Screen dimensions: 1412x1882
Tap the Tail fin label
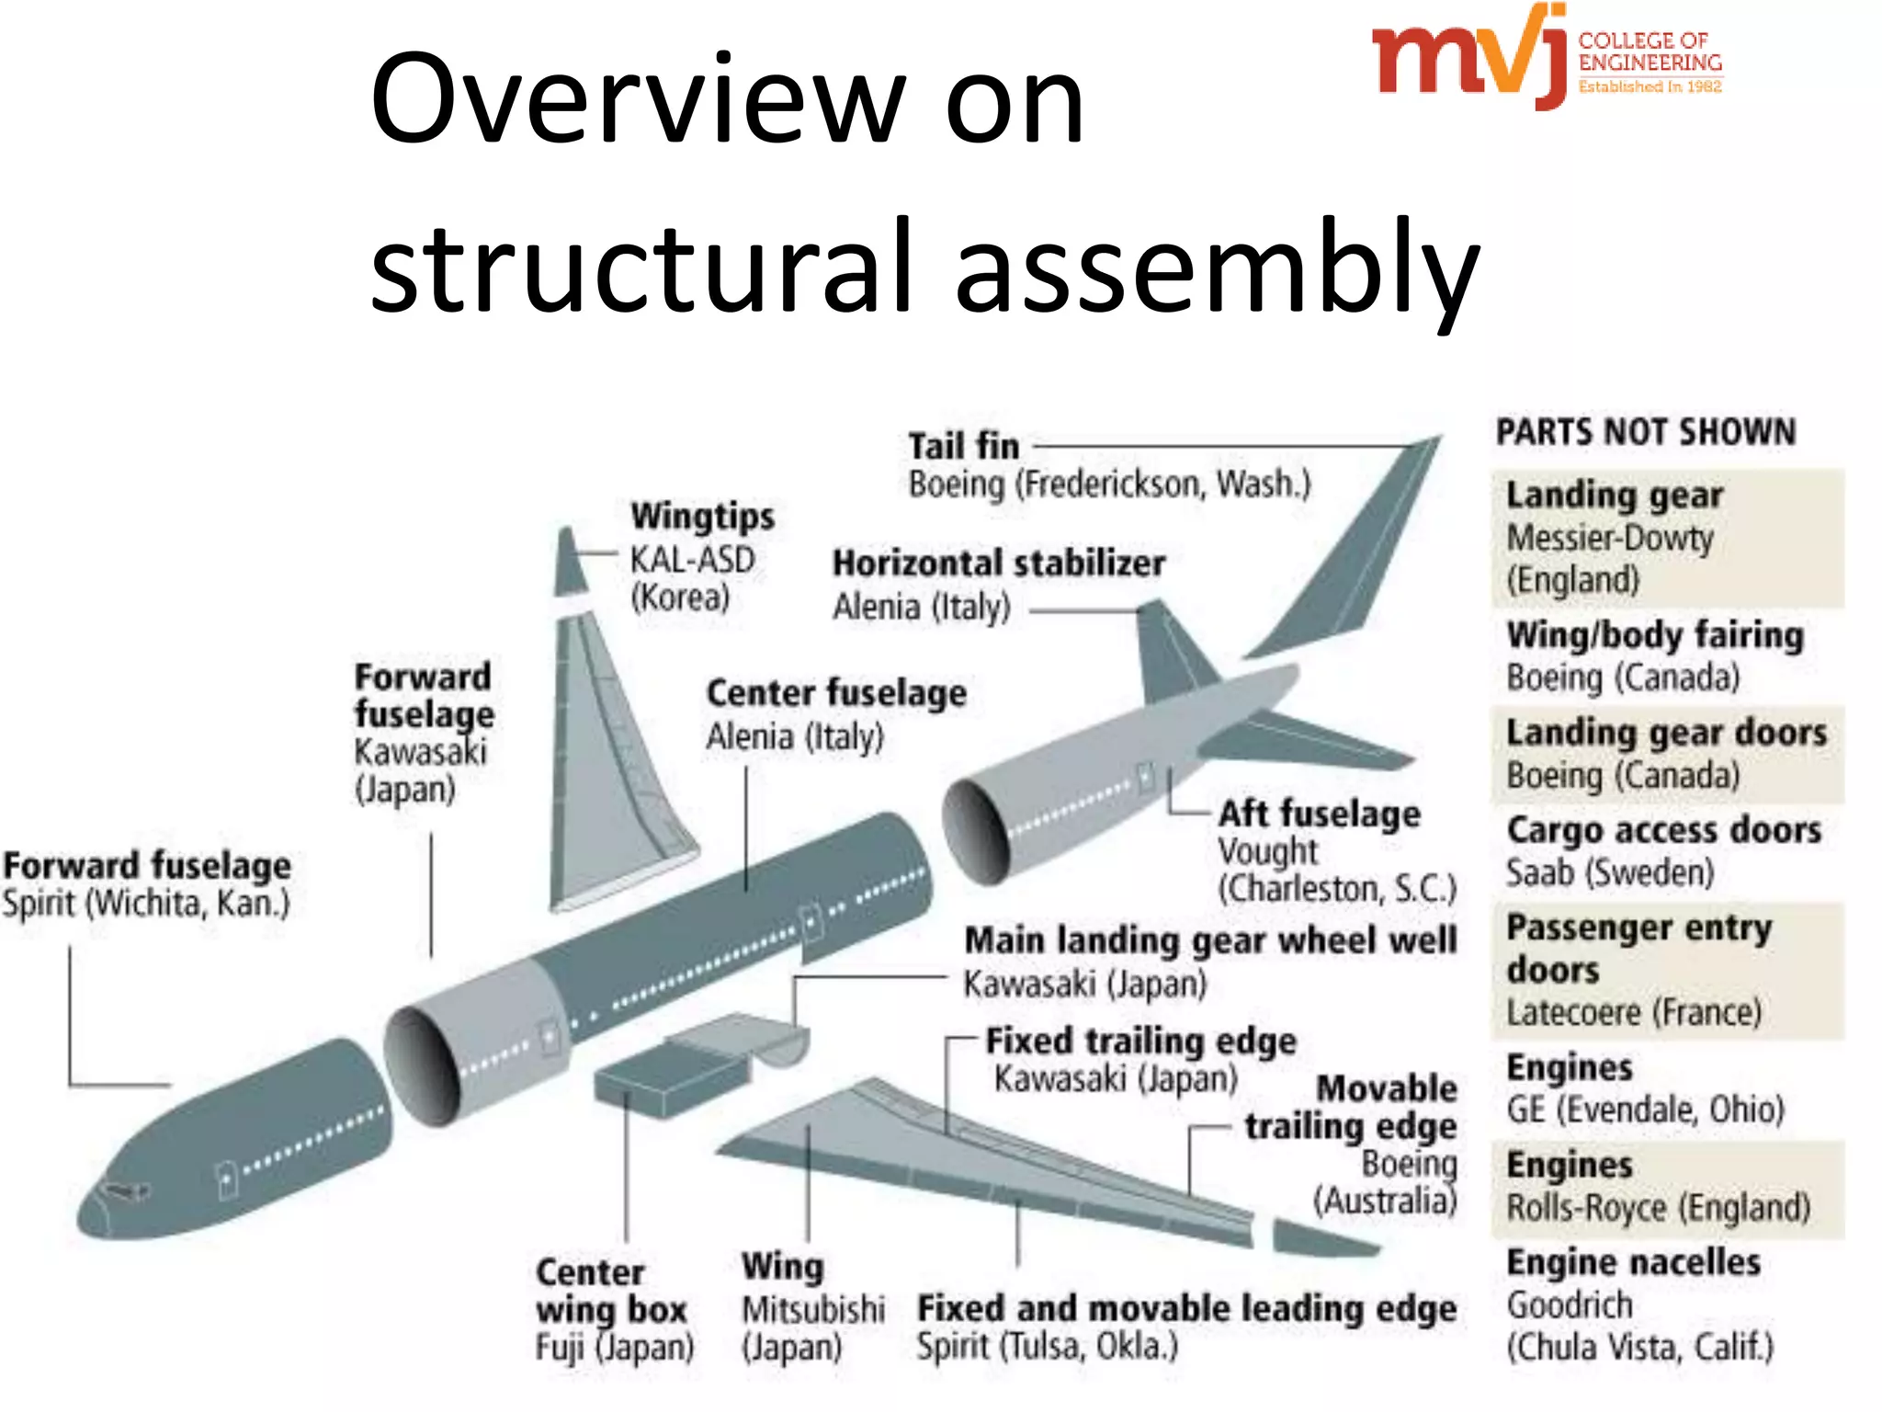pyautogui.click(x=963, y=447)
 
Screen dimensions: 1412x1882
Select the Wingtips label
pyautogui.click(x=702, y=517)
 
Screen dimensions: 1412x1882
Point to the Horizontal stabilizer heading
pyautogui.click(x=998, y=564)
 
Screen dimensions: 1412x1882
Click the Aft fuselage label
pyautogui.click(x=1319, y=814)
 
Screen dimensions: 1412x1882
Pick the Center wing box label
pyautogui.click(x=611, y=1291)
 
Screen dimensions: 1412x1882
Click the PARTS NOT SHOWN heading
pyautogui.click(x=1646, y=432)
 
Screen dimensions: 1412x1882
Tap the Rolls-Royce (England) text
pyautogui.click(x=1658, y=1208)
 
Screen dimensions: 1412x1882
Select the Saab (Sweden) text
pyautogui.click(x=1610, y=872)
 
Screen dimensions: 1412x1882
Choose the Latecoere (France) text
pyautogui.click(x=1634, y=1013)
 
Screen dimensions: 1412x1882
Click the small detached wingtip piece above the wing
pyautogui.click(x=571, y=561)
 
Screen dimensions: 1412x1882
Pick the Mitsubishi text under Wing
pyautogui.click(x=813, y=1310)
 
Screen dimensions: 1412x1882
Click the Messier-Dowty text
pyautogui.click(x=1610, y=538)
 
